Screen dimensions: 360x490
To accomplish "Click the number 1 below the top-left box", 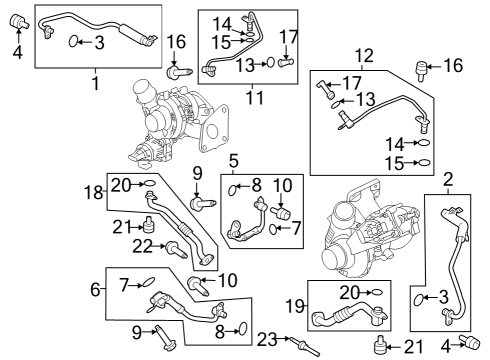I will pyautogui.click(x=96, y=84).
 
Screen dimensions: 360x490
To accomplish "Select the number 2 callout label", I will pyautogui.click(x=449, y=179).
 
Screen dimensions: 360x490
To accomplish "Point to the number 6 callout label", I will pyautogui.click(x=95, y=289).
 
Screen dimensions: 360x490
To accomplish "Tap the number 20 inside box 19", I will pyautogui.click(x=347, y=291).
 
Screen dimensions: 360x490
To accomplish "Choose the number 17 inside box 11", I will pyautogui.click(x=287, y=37).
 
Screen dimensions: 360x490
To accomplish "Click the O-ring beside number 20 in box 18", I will pyautogui.click(x=148, y=184).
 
